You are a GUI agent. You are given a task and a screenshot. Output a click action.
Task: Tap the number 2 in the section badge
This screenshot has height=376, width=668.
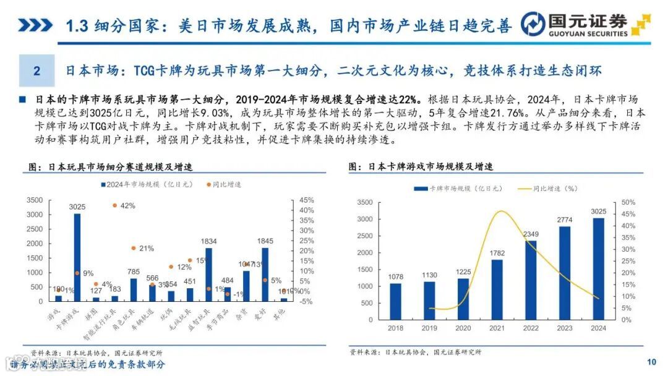coord(36,71)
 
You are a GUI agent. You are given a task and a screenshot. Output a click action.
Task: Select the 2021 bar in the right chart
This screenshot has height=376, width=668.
coord(497,289)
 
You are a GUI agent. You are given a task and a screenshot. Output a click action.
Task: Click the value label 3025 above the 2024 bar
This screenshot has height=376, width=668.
coord(599,211)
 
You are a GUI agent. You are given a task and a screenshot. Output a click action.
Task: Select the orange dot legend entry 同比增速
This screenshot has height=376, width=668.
coord(223,184)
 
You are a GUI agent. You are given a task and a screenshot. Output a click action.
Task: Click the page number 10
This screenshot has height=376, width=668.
coord(651,362)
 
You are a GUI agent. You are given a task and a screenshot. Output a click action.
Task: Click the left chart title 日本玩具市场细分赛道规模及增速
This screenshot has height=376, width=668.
coord(118,167)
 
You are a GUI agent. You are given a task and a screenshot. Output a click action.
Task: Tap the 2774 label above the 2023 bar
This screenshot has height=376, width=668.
coord(565,220)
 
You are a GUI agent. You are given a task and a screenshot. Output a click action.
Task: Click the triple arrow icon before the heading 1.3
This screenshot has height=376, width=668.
coord(35,26)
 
